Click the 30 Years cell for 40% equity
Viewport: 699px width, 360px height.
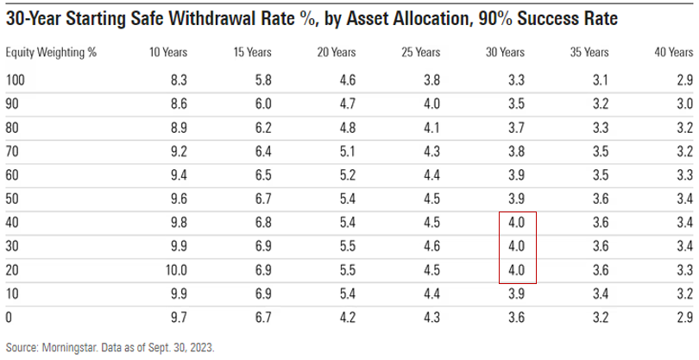518,223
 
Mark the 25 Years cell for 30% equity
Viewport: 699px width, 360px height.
429,246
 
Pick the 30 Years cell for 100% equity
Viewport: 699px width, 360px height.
518,80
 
